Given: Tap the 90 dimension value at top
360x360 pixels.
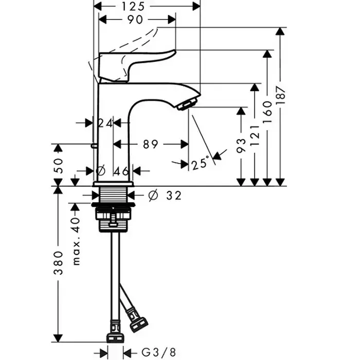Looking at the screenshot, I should coord(134,20).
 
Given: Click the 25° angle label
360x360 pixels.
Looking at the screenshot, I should coord(201,164).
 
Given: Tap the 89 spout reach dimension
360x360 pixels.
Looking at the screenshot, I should coord(150,145).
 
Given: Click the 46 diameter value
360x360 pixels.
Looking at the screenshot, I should coord(121,171).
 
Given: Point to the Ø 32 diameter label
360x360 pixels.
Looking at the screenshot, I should coord(165,195).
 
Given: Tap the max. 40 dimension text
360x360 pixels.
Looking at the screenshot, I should coord(77,239).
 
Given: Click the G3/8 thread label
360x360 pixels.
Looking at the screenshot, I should coord(159,352).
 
